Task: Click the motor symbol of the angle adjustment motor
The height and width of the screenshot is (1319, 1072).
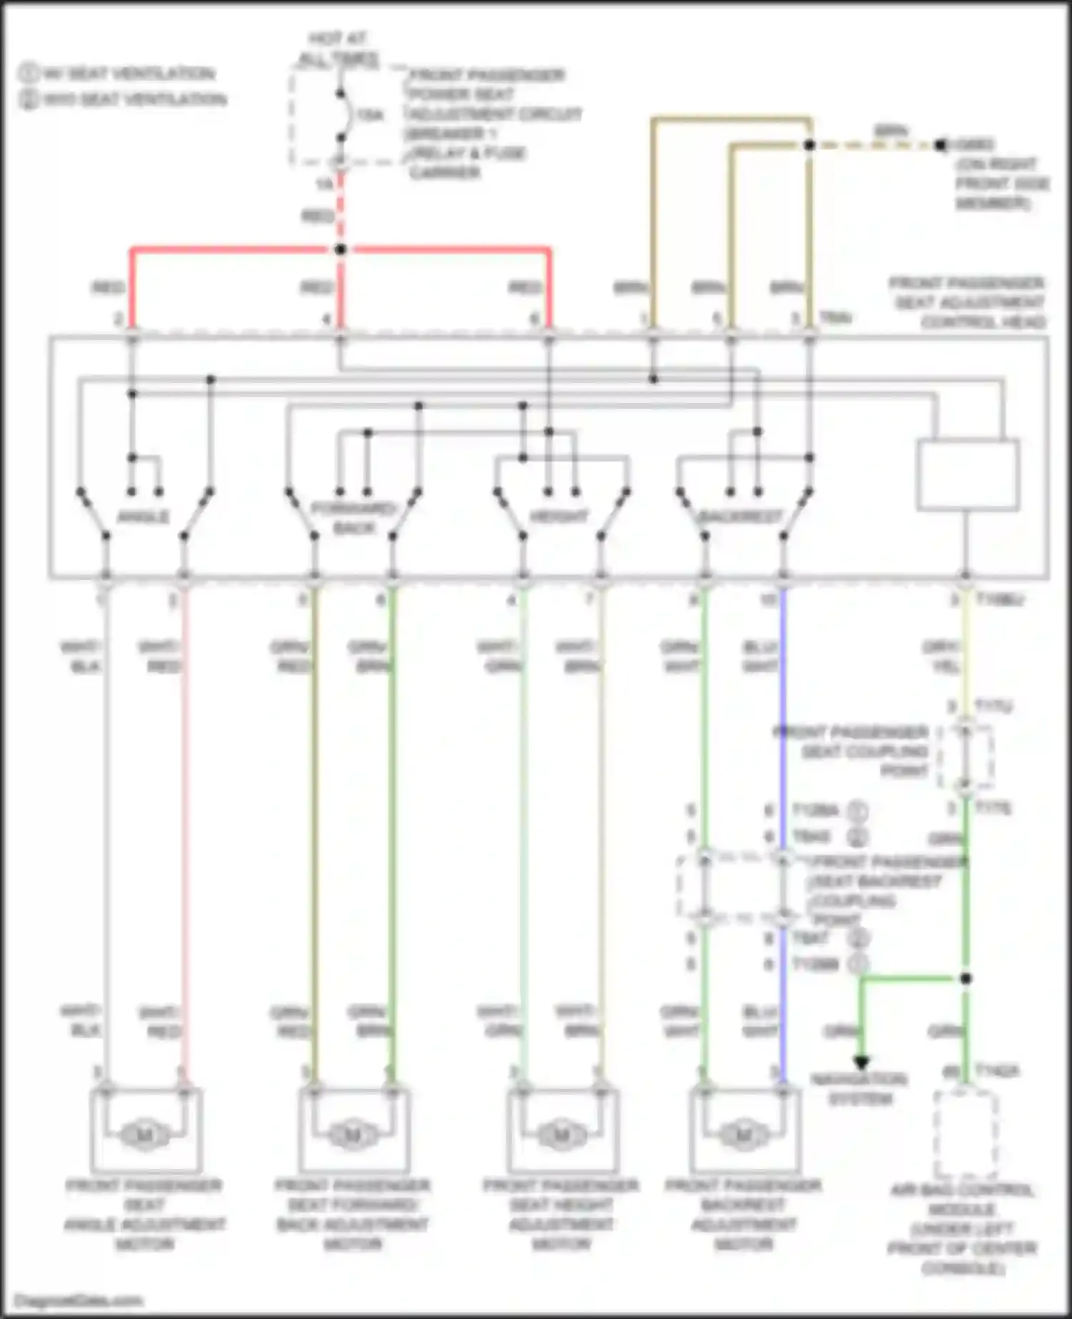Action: pyautogui.click(x=145, y=1135)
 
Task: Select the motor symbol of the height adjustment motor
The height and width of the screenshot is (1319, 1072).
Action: pyautogui.click(x=561, y=1135)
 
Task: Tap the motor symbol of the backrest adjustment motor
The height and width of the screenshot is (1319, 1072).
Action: pyautogui.click(x=743, y=1135)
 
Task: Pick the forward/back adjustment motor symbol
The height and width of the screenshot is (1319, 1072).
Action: pyautogui.click(x=352, y=1135)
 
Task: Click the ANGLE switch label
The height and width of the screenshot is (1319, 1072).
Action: pyautogui.click(x=143, y=517)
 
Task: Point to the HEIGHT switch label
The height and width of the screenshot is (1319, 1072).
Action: pyautogui.click(x=559, y=517)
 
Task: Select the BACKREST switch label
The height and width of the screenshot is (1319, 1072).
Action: pyautogui.click(x=741, y=517)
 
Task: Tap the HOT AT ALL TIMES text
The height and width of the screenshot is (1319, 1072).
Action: pyautogui.click(x=337, y=49)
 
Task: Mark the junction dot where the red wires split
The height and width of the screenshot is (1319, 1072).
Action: pyautogui.click(x=341, y=249)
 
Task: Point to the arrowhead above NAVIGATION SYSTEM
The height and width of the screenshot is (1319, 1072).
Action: pyautogui.click(x=862, y=1062)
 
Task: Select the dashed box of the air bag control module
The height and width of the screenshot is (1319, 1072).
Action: pyautogui.click(x=966, y=1135)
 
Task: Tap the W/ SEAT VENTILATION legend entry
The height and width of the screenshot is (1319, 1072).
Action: pyautogui.click(x=118, y=74)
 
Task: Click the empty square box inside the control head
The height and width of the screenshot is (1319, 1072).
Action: pyautogui.click(x=968, y=474)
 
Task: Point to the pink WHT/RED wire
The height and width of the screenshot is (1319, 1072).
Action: pyautogui.click(x=184, y=822)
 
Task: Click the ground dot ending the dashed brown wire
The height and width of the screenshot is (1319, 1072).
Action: pyautogui.click(x=941, y=145)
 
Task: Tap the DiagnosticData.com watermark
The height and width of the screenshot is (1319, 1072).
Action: pyautogui.click(x=79, y=1300)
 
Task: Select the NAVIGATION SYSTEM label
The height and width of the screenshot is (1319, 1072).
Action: pyautogui.click(x=860, y=1089)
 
